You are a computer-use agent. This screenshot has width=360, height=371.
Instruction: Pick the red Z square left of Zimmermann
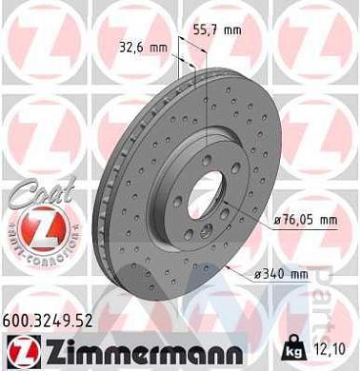16,349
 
